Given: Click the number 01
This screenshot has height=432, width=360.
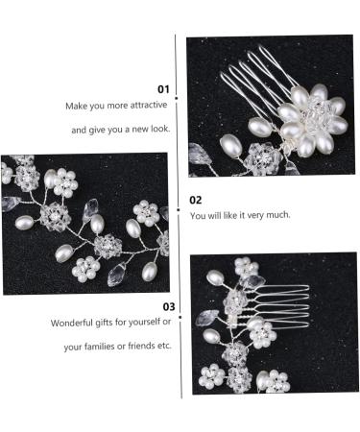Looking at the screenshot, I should tap(163, 88).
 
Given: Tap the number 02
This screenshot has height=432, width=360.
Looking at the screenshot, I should tap(195, 200).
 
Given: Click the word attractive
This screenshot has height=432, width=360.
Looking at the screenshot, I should tap(148, 107).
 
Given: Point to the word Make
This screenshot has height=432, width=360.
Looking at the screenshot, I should tap(76, 107).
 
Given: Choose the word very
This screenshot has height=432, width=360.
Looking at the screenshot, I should tap(252, 216).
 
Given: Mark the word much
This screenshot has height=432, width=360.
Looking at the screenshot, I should tap(276, 216).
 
